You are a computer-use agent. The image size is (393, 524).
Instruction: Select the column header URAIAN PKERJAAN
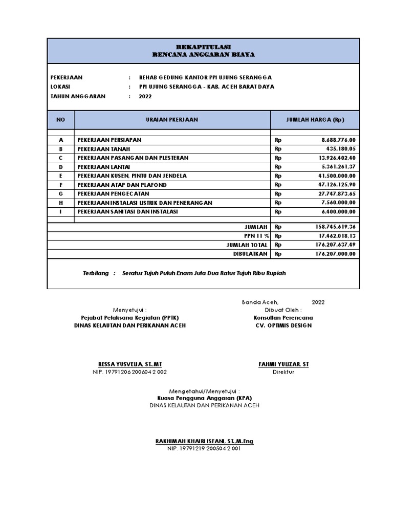[x=172, y=120]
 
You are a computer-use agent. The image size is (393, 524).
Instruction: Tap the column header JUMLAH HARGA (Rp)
[x=315, y=120]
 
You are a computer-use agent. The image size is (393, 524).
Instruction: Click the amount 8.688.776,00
[x=338, y=140]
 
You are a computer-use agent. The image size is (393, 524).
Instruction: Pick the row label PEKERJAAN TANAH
[x=103, y=149]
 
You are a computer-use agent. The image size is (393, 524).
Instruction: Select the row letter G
[x=61, y=194]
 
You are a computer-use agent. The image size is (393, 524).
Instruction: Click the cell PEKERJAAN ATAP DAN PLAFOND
[x=122, y=185]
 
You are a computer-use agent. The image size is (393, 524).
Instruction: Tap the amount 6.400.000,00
[x=338, y=212]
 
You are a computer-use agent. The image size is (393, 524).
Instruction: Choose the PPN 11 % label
[x=256, y=236]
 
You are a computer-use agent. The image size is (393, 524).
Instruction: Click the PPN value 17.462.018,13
[x=337, y=236]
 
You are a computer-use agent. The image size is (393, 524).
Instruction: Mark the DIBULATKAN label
[x=251, y=254]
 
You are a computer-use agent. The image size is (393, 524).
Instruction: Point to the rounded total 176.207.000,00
[x=335, y=254]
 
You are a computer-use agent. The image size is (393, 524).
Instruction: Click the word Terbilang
[x=96, y=273]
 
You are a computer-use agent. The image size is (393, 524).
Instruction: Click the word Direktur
[x=283, y=372]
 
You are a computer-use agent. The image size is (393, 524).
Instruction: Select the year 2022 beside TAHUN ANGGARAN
[x=145, y=96]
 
